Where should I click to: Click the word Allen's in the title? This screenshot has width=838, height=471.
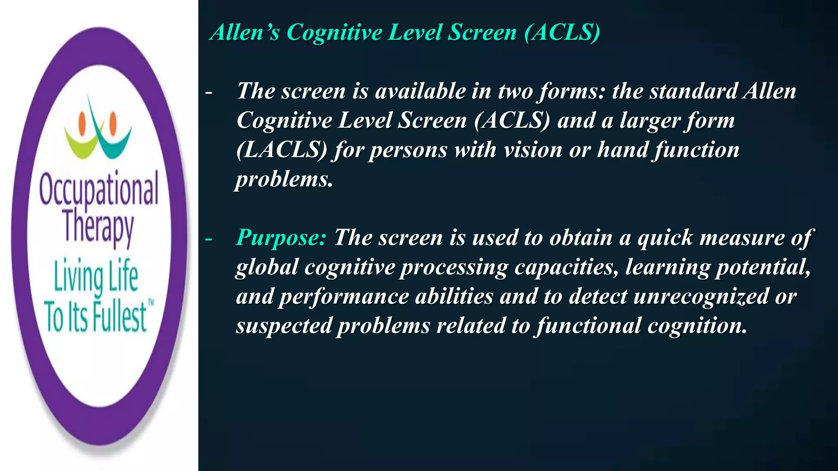(x=245, y=32)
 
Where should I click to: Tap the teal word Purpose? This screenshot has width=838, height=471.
(x=281, y=238)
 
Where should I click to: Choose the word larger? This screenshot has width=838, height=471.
(x=649, y=121)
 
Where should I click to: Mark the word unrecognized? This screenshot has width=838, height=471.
(x=701, y=296)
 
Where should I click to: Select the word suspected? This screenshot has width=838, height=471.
(x=284, y=326)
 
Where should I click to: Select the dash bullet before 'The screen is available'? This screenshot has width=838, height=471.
(x=209, y=93)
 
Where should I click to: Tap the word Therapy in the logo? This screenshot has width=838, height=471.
(x=99, y=227)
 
